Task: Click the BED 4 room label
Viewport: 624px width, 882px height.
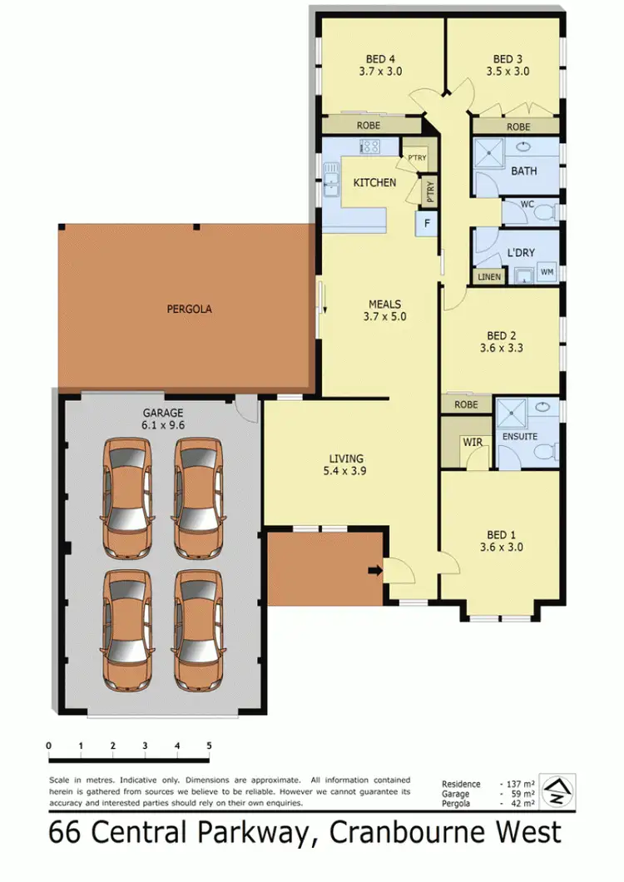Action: point(381,59)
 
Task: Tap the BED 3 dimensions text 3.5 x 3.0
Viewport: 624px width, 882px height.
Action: point(508,72)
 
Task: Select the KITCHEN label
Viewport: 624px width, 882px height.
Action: point(375,182)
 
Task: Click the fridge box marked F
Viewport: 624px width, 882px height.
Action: point(427,223)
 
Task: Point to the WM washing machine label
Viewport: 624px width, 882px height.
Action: point(547,271)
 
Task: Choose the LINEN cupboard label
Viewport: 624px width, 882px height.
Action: point(489,277)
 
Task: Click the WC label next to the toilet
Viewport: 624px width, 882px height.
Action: point(526,203)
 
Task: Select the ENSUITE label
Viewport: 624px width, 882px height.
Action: point(520,436)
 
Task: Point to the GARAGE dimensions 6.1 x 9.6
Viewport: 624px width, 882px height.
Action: point(162,424)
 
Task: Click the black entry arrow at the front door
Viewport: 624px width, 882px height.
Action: point(374,570)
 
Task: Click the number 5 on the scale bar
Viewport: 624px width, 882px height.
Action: point(210,746)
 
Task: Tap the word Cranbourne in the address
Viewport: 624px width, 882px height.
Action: point(412,833)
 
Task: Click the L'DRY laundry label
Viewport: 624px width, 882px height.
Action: point(520,253)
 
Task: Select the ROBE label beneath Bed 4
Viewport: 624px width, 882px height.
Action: point(368,126)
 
